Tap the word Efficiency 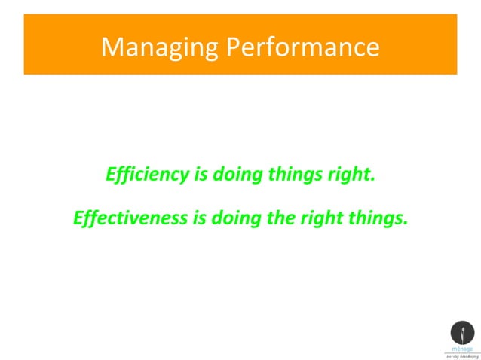click(x=147, y=175)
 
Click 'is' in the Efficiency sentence click(x=201, y=175)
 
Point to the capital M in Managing click(x=111, y=48)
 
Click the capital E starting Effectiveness click(x=78, y=218)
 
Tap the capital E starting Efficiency click(x=111, y=175)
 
